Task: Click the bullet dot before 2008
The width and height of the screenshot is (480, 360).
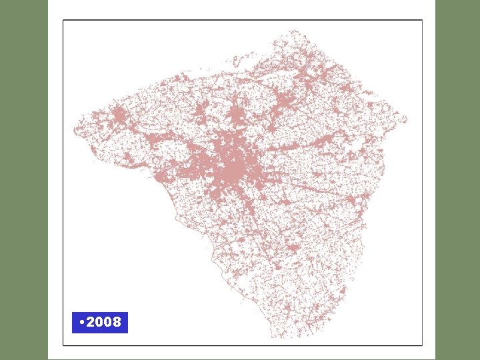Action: tap(81, 323)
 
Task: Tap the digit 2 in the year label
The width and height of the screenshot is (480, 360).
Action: tap(91, 323)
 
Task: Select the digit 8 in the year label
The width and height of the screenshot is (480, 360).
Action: tap(117, 323)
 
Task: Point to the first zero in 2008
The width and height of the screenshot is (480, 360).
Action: tap(99, 323)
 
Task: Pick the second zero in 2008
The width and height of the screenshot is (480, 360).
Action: tap(108, 323)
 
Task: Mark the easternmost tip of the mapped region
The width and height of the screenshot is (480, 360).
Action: tap(406, 120)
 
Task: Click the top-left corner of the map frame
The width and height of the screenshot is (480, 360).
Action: tap(63, 20)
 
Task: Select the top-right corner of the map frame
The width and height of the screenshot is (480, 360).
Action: tap(422, 20)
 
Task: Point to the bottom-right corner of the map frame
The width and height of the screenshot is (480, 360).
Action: tap(422, 345)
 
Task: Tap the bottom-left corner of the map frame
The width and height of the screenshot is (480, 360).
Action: tap(63, 345)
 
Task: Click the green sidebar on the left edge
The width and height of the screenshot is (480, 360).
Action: tap(23, 180)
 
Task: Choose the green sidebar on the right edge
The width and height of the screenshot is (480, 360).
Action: tap(457, 180)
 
